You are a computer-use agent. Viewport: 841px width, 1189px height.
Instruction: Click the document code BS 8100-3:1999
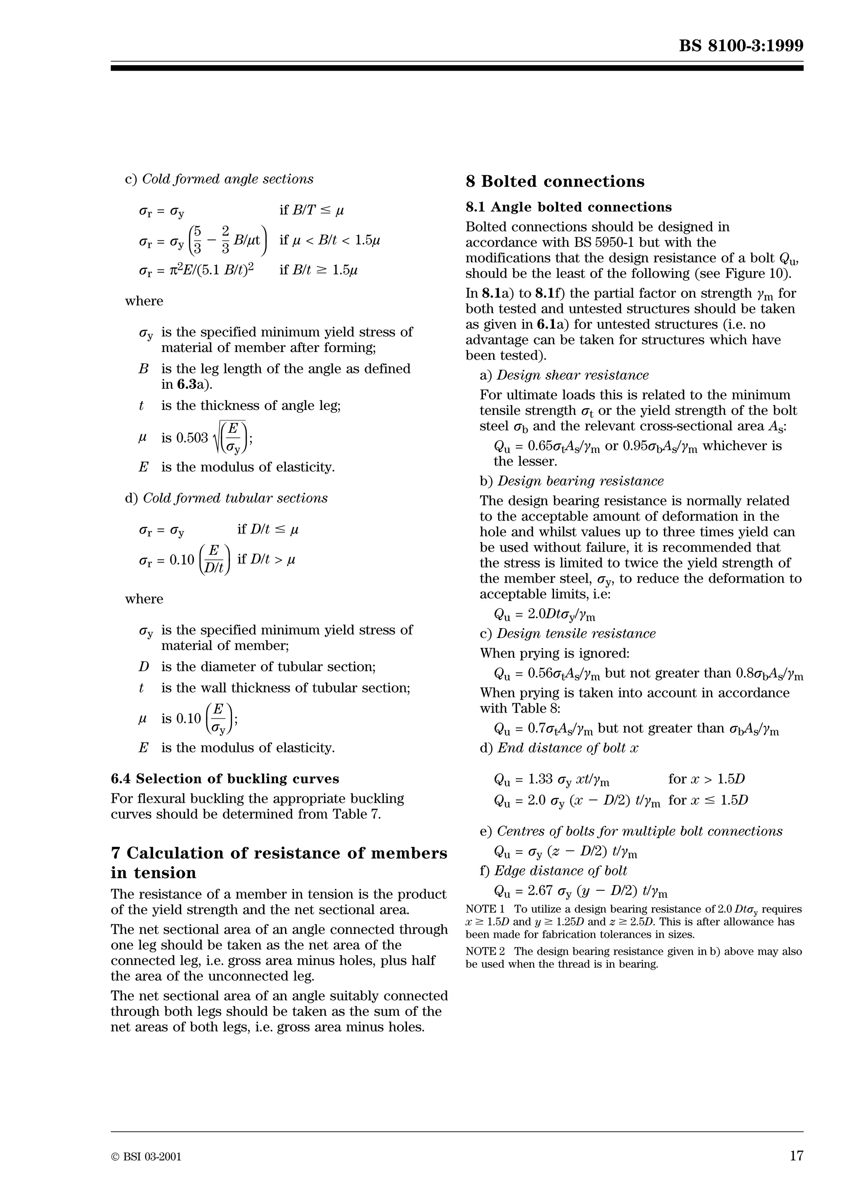[741, 46]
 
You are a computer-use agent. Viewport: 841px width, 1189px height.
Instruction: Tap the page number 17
[796, 1155]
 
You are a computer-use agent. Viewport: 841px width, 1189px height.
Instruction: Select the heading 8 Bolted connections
[555, 181]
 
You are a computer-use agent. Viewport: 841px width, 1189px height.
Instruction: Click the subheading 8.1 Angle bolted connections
[568, 207]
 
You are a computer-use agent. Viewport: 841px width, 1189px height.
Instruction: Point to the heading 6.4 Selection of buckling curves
[225, 778]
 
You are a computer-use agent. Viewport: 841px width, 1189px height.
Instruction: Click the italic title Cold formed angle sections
[227, 179]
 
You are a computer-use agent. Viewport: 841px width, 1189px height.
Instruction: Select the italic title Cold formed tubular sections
[235, 498]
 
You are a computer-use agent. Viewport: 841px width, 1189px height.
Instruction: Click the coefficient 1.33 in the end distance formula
[540, 779]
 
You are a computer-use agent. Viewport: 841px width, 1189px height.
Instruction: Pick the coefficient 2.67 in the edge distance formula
[540, 891]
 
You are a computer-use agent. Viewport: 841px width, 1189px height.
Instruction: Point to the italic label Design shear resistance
[572, 375]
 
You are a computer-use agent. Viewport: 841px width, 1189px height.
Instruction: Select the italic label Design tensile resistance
[576, 633]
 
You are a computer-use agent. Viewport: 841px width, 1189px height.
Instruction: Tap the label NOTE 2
[485, 951]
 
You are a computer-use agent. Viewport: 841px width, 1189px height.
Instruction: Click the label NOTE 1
[485, 909]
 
